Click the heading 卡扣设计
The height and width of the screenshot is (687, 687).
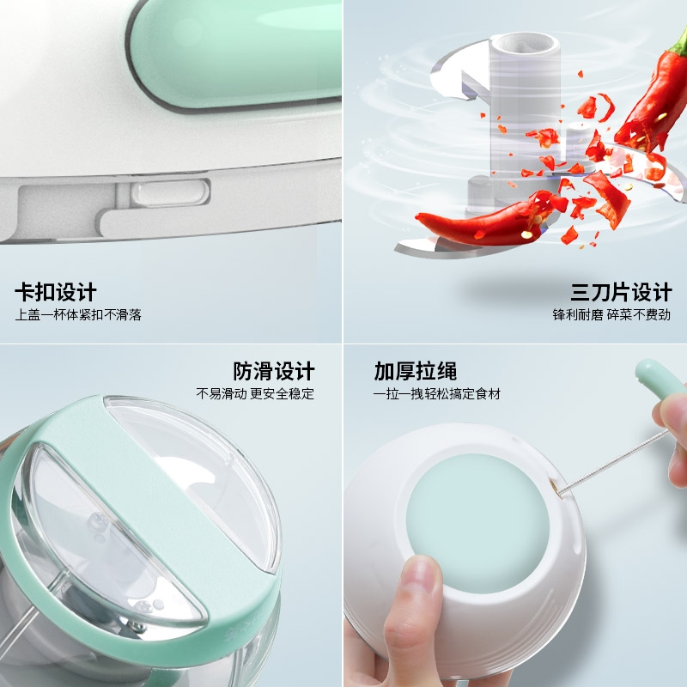56,292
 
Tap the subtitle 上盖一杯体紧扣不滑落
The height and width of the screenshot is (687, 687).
78,314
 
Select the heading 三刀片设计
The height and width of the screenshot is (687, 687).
621,292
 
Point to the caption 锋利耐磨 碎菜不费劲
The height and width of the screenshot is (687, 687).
611,314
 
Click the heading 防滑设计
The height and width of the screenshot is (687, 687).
273,372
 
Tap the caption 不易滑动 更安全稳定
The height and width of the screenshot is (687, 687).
255,393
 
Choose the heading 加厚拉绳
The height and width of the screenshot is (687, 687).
416,372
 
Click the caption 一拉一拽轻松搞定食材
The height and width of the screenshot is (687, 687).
437,393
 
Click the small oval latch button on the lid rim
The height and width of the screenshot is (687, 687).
170,193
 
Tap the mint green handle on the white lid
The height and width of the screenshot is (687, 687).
237,52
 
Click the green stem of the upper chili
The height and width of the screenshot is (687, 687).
680,41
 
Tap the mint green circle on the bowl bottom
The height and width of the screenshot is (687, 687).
477,524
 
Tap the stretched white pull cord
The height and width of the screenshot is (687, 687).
613,461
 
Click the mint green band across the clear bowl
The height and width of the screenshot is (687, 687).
144,526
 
